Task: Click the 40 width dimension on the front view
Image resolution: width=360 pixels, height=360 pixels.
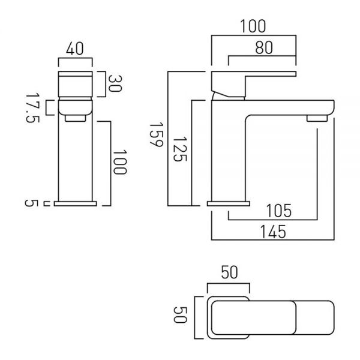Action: (75, 49)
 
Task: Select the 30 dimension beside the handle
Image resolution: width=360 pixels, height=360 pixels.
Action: (115, 83)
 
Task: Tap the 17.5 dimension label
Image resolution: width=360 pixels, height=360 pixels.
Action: (32, 108)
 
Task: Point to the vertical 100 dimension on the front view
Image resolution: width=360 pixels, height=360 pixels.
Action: (120, 162)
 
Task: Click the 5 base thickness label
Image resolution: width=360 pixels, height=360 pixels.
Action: (31, 203)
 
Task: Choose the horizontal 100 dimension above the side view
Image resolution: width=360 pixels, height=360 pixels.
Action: (253, 26)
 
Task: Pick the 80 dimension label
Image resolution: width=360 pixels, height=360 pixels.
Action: (264, 48)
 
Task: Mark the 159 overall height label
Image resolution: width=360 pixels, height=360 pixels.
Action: (157, 135)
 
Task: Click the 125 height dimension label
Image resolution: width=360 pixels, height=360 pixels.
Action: (180, 149)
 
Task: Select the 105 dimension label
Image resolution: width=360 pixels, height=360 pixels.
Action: (279, 211)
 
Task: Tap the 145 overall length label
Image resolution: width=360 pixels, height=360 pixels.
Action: (273, 232)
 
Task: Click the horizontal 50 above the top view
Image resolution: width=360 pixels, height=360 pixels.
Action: (229, 272)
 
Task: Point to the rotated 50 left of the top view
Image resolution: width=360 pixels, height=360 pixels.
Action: (180, 315)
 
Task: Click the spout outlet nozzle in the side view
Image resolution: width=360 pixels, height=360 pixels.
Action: (317, 118)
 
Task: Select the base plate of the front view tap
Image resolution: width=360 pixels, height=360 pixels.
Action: (76, 203)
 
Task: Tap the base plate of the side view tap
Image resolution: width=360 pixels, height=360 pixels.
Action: (229, 203)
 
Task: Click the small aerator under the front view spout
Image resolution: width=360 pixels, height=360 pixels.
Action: (76, 118)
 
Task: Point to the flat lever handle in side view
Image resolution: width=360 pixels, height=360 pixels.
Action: (253, 74)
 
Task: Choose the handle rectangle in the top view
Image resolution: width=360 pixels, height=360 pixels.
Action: (253, 318)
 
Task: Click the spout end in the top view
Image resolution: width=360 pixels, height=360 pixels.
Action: (315, 318)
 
